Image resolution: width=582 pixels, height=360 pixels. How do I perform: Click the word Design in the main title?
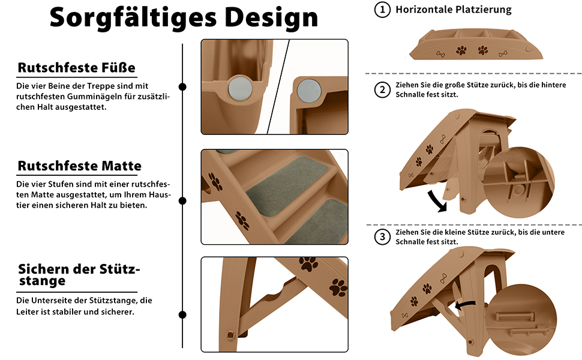(271, 17)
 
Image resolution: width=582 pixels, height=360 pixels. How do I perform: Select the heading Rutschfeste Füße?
(76, 68)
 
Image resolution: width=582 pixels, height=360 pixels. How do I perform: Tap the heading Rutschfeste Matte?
(79, 166)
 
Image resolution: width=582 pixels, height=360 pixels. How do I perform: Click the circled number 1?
(382, 10)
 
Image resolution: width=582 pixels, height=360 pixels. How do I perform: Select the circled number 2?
(382, 90)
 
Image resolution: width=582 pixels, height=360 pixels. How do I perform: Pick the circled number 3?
(382, 237)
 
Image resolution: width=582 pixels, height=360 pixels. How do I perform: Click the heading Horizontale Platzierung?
(453, 9)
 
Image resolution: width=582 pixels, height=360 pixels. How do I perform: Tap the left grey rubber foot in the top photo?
(240, 89)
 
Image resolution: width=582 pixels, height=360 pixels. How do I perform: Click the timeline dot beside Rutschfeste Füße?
(182, 87)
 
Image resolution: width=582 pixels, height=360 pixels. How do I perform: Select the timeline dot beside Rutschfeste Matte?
(182, 201)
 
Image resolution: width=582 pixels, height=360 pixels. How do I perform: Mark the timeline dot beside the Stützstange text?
(182, 315)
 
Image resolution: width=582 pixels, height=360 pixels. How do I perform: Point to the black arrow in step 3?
(465, 305)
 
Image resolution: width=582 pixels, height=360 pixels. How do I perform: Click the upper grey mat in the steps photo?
(287, 187)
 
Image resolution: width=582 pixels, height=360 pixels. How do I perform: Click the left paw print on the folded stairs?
(461, 50)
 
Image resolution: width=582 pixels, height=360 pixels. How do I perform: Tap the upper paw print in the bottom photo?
(308, 263)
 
